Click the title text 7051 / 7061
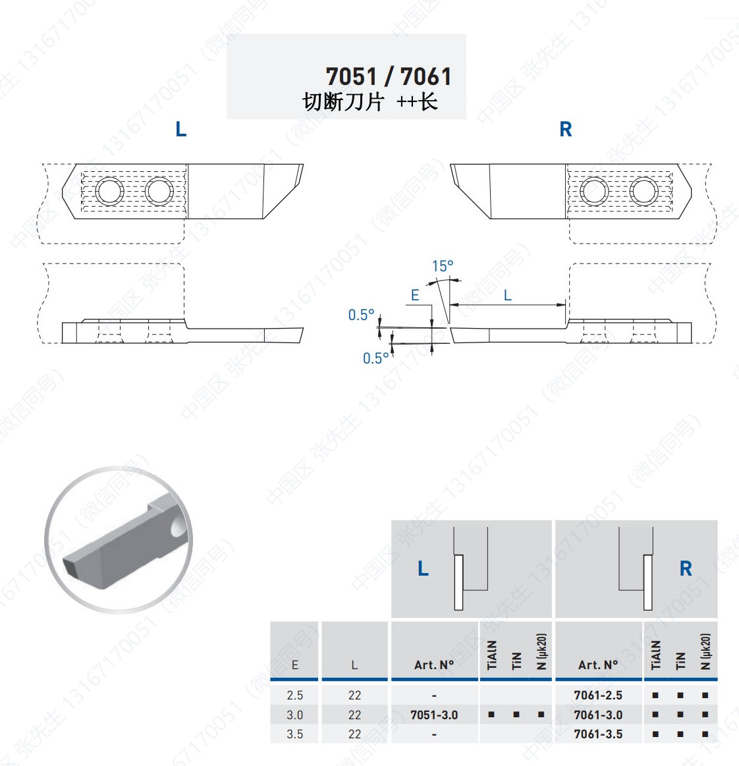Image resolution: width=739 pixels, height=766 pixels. click(389, 76)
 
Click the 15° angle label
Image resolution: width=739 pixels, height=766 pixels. click(443, 266)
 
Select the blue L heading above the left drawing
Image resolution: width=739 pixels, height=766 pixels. click(180, 130)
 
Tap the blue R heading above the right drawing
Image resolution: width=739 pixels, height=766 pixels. click(566, 130)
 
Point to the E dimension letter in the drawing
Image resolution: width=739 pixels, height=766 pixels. click(415, 295)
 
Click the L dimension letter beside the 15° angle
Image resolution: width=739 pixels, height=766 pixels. click(507, 295)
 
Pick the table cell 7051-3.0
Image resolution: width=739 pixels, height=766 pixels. click(434, 715)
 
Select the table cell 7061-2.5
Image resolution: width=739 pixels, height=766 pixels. click(598, 695)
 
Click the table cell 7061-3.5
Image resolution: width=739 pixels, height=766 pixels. click(598, 734)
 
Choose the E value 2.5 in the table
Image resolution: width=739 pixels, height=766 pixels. click(295, 695)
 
